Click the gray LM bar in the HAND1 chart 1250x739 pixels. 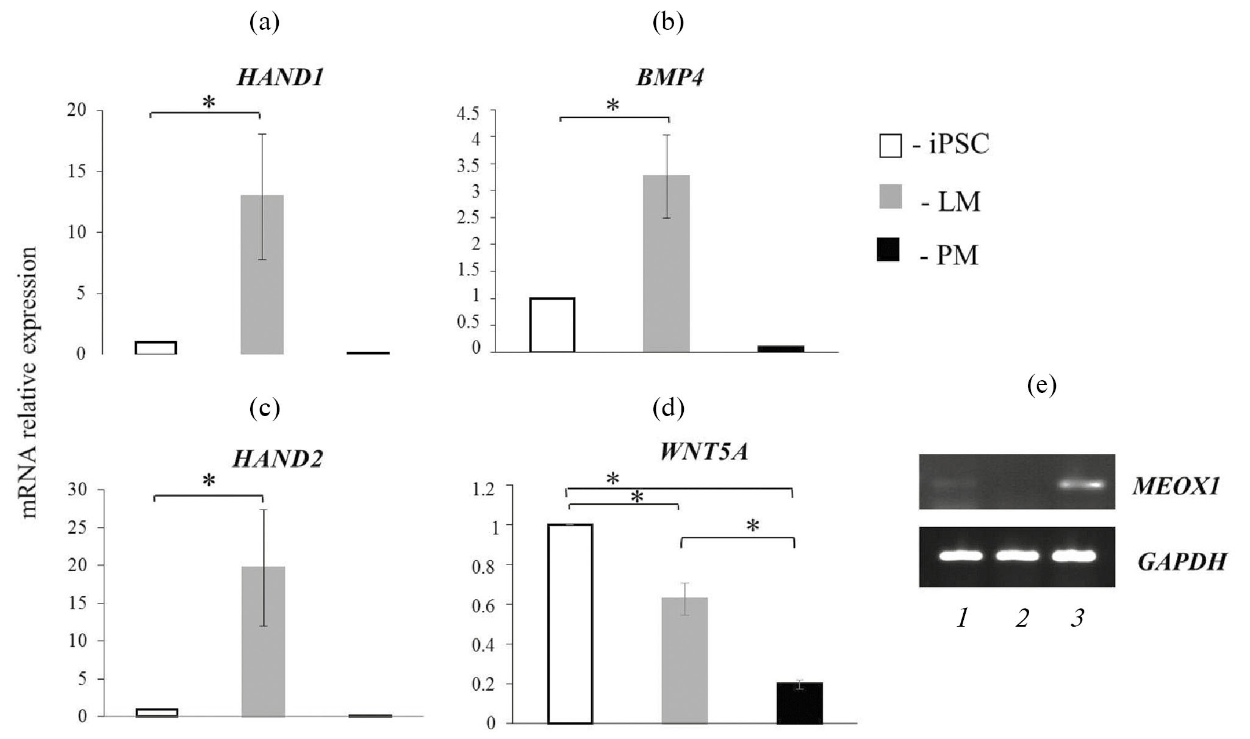(262, 275)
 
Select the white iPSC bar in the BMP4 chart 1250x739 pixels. (552, 325)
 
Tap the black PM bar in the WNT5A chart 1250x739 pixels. (799, 703)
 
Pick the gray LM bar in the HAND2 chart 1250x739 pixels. (263, 641)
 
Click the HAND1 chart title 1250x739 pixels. (279, 78)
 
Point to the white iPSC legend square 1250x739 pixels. (890, 146)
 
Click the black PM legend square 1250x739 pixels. (888, 251)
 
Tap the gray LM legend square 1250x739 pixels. (890, 198)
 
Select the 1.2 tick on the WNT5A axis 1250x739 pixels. (484, 486)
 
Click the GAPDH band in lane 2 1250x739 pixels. (1017, 556)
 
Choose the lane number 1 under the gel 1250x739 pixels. (962, 619)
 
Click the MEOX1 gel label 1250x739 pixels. (1175, 486)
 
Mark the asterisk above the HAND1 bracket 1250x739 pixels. (209, 103)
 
